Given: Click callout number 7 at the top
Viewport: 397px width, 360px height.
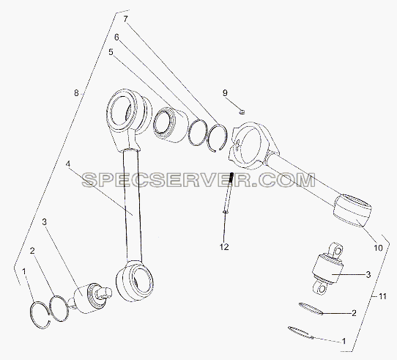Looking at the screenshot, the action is (x=126, y=19).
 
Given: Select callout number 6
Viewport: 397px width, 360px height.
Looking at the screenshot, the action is (x=116, y=37).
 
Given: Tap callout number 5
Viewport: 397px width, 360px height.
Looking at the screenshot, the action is (x=111, y=52).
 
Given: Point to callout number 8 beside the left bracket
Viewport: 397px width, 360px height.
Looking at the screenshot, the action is (x=76, y=93).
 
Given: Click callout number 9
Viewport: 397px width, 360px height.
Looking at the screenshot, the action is (x=225, y=93).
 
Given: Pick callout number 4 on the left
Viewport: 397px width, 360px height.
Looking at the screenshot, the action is (x=67, y=164).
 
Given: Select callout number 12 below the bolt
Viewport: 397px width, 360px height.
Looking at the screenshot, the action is (x=224, y=246).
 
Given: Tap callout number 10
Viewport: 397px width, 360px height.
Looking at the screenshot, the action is (x=378, y=248).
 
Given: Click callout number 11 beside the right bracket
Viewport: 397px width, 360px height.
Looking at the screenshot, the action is (x=382, y=296).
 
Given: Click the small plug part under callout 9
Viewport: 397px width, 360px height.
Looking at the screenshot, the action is (x=242, y=111).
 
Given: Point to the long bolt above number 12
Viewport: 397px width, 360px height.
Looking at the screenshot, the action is (x=229, y=194).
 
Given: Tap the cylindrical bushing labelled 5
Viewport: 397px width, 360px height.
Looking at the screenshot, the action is (x=171, y=125).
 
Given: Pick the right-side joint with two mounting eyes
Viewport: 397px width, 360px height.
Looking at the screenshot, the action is (x=327, y=269).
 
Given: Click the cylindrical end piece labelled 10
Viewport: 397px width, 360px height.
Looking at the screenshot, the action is (x=352, y=210).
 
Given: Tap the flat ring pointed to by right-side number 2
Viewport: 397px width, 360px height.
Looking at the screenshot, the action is (x=311, y=309).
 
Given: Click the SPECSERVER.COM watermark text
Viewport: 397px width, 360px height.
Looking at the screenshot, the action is (x=198, y=180).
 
